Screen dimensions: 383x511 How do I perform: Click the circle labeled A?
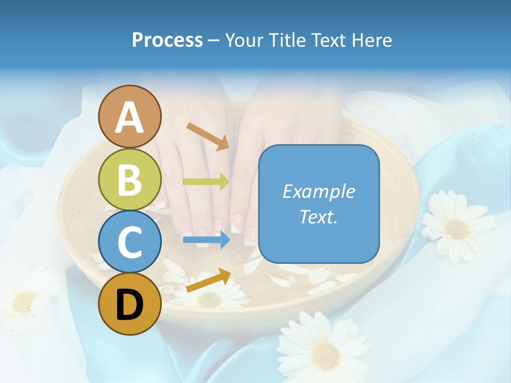coord(129,116)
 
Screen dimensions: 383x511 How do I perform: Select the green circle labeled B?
coord(129,179)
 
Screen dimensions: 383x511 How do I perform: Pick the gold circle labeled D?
coord(129,304)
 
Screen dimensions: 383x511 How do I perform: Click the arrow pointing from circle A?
coord(208,136)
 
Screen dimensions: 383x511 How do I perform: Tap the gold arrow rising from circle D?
coord(208,281)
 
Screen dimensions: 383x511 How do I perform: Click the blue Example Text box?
coord(319,204)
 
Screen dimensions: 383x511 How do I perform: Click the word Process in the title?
coord(167,40)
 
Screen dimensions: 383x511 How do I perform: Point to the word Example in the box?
coord(319,191)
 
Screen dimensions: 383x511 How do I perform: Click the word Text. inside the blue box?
coord(319,217)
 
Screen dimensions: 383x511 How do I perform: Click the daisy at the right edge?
coord(457,227)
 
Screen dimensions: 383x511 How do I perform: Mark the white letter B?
coord(129,179)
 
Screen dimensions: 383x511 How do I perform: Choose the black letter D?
coord(129,305)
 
